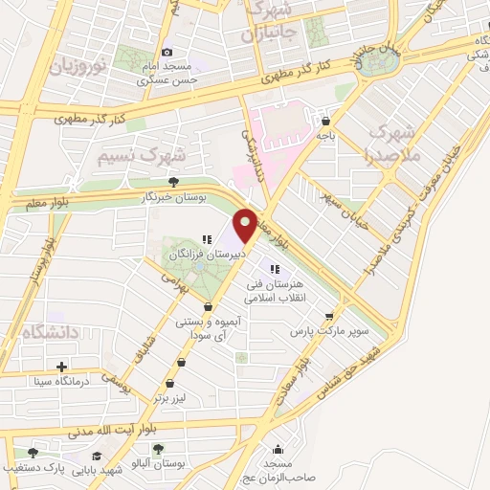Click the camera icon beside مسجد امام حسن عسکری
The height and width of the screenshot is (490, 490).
(x=167, y=52)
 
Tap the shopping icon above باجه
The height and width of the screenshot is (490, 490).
(x=326, y=122)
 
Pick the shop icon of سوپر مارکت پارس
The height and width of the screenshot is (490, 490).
(x=329, y=315)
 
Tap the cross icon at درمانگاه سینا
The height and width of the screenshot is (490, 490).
(x=62, y=367)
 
